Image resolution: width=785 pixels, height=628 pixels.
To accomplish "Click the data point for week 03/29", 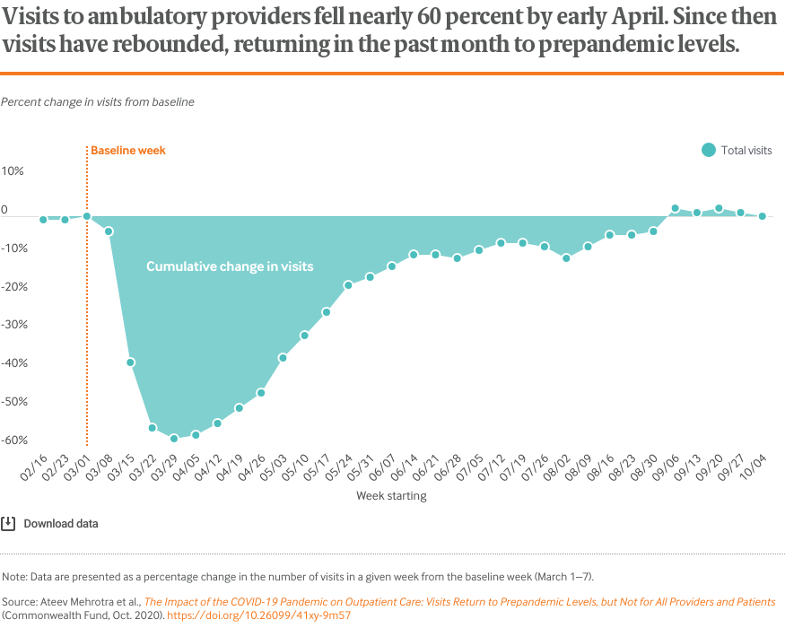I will pos(174,439).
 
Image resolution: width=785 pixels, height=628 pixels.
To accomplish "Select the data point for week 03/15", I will pos(130,362).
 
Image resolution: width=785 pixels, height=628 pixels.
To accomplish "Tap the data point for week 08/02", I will pos(566,258).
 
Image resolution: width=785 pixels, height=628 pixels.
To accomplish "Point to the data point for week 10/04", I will pos(762,216).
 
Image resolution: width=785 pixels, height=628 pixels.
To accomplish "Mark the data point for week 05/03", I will pos(283,358).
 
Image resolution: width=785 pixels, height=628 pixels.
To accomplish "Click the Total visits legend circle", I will pos(709,151).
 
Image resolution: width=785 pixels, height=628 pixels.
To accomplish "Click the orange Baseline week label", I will pos(128,151).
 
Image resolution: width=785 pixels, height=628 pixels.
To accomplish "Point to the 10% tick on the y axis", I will pos(13,170).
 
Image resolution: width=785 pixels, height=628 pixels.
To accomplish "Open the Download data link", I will pos(61,524).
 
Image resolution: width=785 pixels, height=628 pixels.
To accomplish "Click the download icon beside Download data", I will pos(8,524).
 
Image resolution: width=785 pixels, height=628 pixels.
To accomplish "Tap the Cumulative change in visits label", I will pos(230,266).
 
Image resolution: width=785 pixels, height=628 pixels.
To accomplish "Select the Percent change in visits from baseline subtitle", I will pos(98,102).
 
